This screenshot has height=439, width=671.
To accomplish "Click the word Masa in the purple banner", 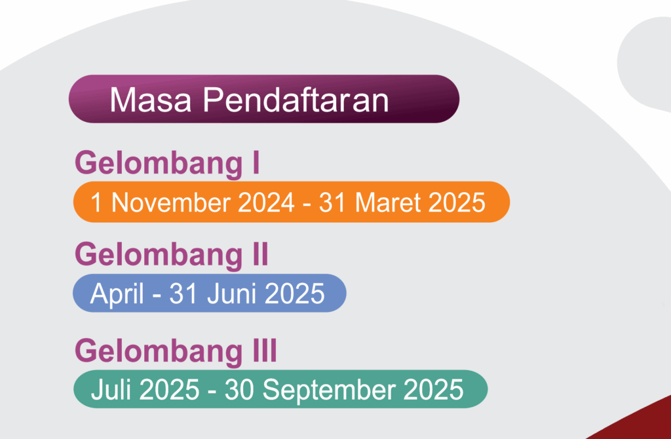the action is click(150, 100).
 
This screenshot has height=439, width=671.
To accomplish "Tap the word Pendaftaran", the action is click(296, 100).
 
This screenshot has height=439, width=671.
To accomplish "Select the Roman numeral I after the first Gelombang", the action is click(256, 163).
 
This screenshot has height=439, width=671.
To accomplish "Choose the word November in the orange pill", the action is click(171, 202).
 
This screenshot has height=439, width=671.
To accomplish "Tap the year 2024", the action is click(266, 202).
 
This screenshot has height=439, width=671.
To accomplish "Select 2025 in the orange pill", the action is click(457, 202).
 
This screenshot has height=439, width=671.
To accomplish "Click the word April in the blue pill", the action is click(117, 294).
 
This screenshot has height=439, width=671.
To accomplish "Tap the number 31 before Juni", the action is click(183, 294).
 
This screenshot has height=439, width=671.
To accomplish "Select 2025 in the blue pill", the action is click(295, 294).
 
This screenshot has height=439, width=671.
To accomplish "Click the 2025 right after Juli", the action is click(170, 390).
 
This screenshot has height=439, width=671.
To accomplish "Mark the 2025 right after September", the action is click(434, 390).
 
